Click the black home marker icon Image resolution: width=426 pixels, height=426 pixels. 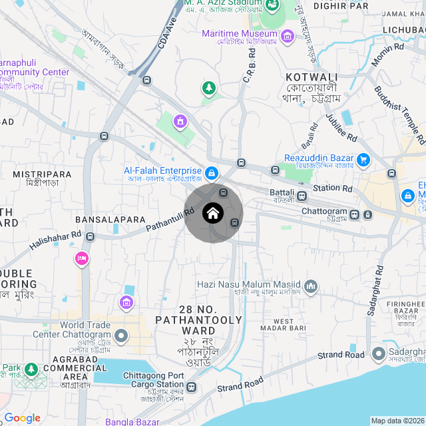pos(212,214)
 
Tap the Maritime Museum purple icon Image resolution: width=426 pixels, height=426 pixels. pos(287,35)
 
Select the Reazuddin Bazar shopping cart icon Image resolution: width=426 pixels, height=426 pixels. pos(363,160)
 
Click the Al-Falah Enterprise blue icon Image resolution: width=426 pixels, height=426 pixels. pos(211,173)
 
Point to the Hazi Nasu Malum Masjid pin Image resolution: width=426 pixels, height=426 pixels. pos(310,287)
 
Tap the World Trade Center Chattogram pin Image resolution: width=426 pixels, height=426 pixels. pos(120,336)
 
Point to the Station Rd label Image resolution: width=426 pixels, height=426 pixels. pos(332,188)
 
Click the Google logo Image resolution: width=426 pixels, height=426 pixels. pos(22,418)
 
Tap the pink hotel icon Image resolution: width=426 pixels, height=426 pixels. pos(81,258)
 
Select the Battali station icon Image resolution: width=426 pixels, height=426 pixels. pos(302,196)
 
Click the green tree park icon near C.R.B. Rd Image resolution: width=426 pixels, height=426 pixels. pos(210,88)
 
